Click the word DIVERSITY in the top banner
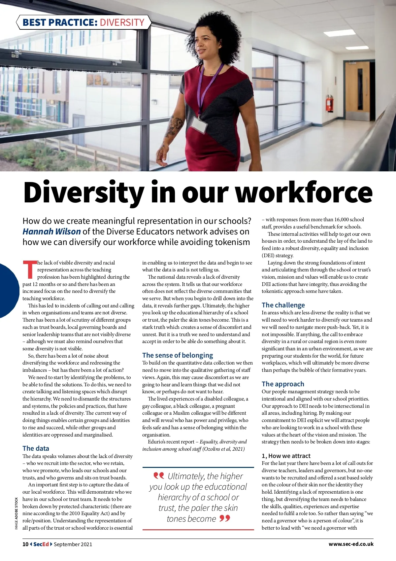coord(122,22)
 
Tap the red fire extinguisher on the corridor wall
coord(329,103)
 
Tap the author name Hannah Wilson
coord(51,231)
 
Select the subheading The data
coord(36,448)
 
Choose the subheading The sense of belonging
coord(178,355)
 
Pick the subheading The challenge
coord(283,305)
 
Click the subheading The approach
coord(283,384)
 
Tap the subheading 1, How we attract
coord(286,456)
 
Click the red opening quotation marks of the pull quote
coord(159,475)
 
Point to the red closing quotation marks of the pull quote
coord(225,518)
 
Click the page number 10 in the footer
coord(25,544)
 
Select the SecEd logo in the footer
coord(41,544)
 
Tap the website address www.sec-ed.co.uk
coord(351,544)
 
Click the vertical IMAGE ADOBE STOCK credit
coord(16,513)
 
